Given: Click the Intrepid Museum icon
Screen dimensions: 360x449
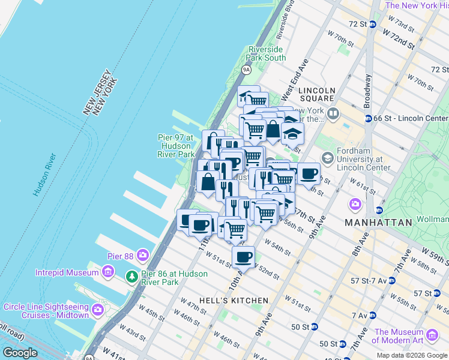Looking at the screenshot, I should coord(108,272).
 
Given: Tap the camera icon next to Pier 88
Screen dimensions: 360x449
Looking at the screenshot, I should coord(142,256).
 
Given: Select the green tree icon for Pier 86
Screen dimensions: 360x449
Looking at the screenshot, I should coord(131,277).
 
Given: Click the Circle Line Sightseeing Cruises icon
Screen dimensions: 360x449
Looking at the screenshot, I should coord(98,310).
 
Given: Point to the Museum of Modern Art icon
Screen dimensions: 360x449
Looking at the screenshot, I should coord(432,335).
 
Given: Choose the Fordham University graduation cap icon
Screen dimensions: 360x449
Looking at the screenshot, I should coord(328,158).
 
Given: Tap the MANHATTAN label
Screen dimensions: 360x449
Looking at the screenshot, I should coord(378,222).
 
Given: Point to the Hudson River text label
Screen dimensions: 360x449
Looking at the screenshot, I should coord(46,175).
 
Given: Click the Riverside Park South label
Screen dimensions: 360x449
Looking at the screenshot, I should coord(267,53).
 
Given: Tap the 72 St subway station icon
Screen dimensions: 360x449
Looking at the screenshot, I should coord(372,24).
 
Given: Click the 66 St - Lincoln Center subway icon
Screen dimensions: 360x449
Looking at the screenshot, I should coord(369,118).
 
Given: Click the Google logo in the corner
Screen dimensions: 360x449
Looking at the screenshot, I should coord(20,353).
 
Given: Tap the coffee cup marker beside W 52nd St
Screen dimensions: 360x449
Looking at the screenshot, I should coord(243,257).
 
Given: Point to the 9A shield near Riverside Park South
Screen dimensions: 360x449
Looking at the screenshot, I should coord(246,70).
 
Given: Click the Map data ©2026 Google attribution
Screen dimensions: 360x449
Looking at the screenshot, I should coord(412,355).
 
